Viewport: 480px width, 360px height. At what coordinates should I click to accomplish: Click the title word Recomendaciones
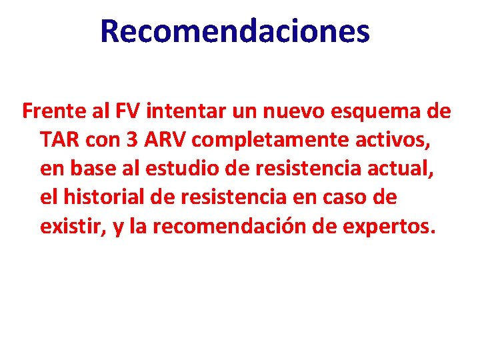[x=235, y=31]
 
